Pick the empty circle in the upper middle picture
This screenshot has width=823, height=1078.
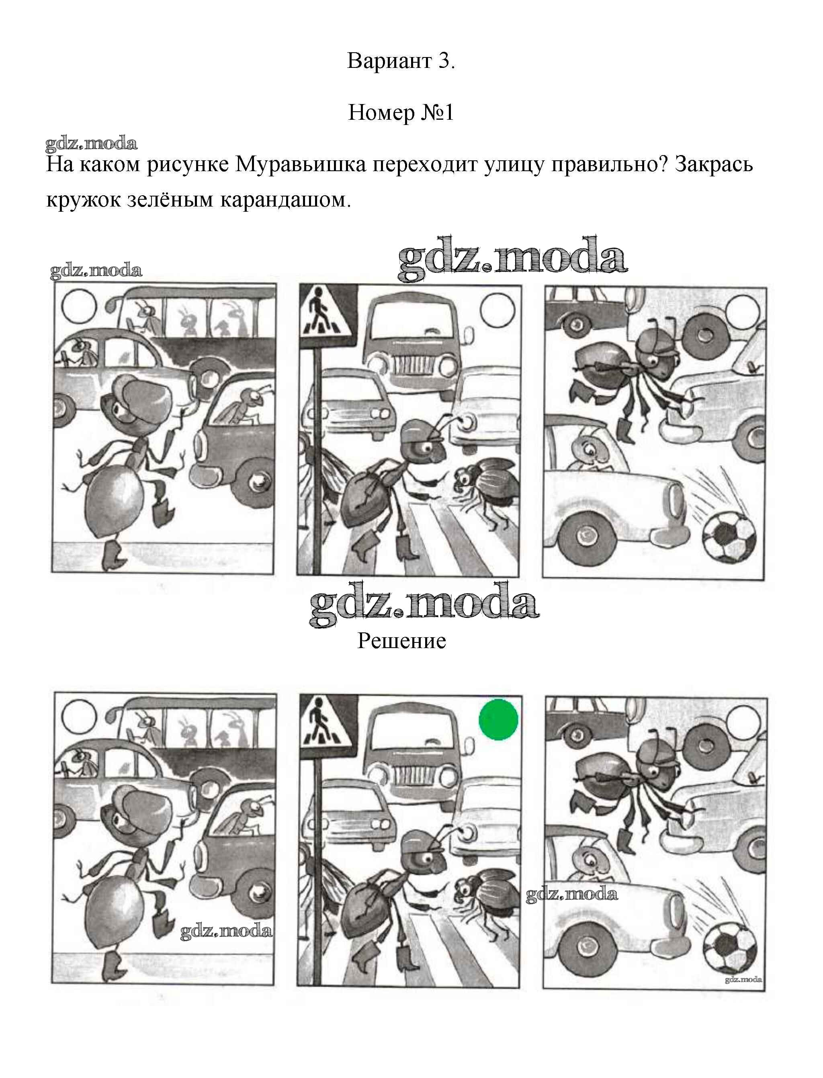(x=498, y=311)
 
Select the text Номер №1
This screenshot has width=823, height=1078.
(x=401, y=113)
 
